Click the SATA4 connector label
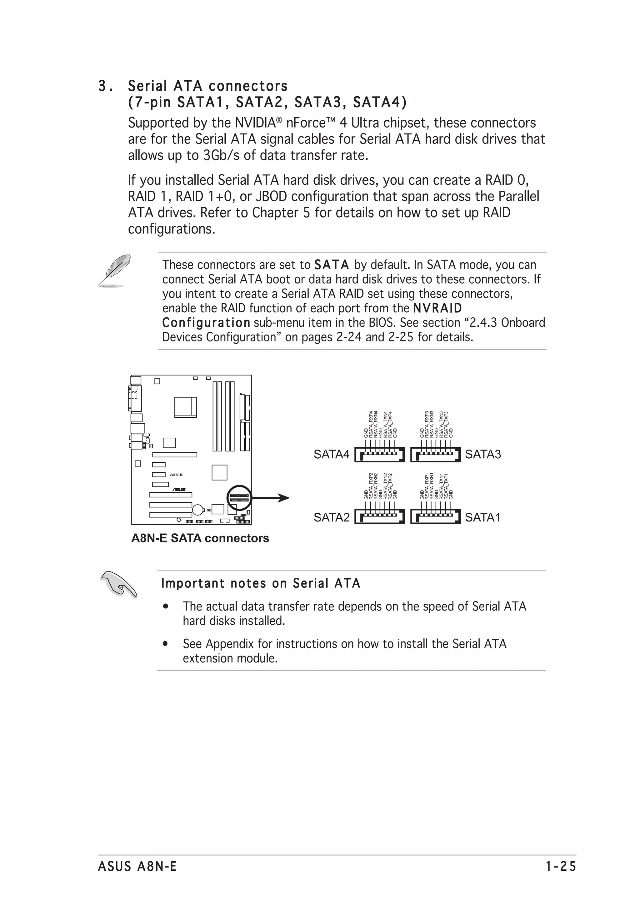coord(331,455)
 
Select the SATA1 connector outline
coord(435,516)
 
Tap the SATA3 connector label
coord(483,455)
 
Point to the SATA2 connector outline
coord(379,516)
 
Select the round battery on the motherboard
coord(197,510)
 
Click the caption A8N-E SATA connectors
coord(200,538)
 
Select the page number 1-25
coord(561,867)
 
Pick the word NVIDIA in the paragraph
coord(255,123)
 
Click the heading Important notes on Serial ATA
coord(261,583)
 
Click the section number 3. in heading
coord(104,86)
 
